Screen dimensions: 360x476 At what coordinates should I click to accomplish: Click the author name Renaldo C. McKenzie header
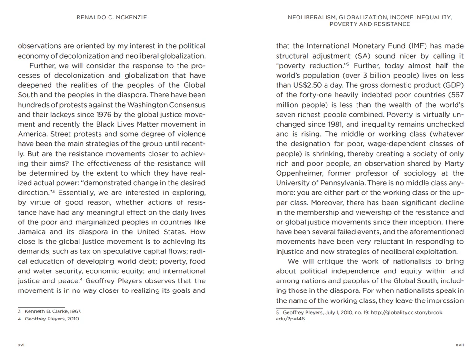(112, 17)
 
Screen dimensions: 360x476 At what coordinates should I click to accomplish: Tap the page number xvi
(21, 344)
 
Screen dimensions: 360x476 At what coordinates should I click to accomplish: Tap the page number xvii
(459, 344)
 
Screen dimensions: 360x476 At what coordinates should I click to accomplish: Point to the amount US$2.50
(307, 85)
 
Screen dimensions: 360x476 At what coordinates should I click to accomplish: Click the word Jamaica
(32, 232)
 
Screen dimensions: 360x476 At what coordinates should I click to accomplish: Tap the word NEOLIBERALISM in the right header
(311, 17)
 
